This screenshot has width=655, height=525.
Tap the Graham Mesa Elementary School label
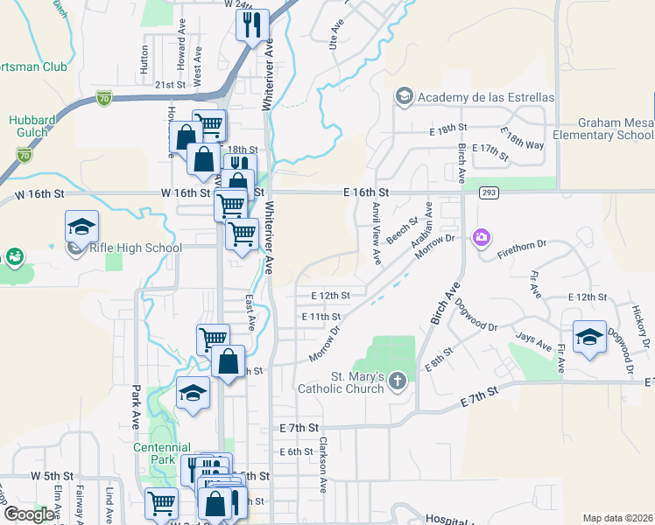point(615,129)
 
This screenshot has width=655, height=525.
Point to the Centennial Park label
point(155,452)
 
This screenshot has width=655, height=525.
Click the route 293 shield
point(489,192)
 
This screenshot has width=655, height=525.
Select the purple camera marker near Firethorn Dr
point(480,237)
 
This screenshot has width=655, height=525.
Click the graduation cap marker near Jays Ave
point(589,338)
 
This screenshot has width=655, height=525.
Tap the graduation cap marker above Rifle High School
point(81,227)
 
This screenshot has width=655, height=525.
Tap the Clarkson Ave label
point(323,456)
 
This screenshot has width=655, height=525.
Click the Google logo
point(28,514)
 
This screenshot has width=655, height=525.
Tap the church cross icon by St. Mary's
point(398,380)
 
